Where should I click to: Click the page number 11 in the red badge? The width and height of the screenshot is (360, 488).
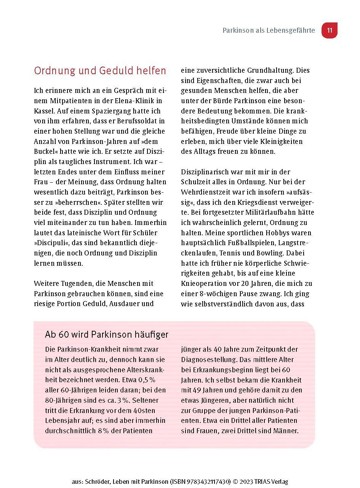(330, 30)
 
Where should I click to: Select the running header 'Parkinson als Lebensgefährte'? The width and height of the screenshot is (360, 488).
(269, 30)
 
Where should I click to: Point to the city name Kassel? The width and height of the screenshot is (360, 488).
(44, 111)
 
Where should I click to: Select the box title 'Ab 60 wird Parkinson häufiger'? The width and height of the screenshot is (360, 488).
(107, 335)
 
